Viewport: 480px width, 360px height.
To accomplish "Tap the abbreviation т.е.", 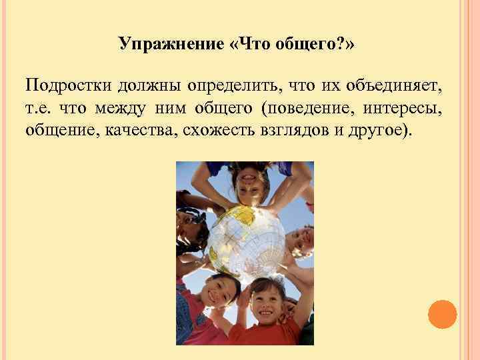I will pyautogui.click(x=39, y=107).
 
